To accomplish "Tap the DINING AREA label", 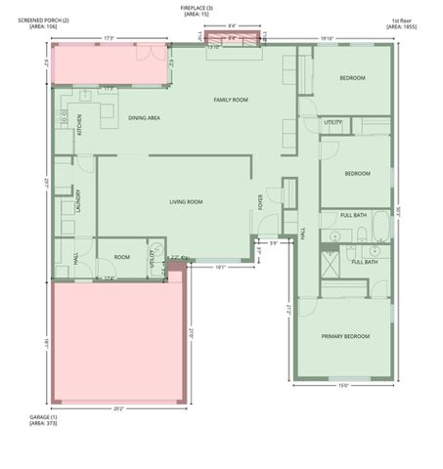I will (144, 118).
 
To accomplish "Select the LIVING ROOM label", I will (186, 202).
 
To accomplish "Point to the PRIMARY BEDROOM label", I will (346, 336).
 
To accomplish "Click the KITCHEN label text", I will (80, 127).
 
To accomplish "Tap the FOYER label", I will (261, 202).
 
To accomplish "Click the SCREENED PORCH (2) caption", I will (37, 22).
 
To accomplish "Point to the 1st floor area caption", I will (403, 22).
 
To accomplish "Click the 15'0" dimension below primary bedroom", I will (342, 385).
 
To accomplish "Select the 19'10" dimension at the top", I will (328, 39).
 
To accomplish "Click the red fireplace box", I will (232, 39).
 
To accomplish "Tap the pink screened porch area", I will (106, 64).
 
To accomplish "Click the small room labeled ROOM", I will (122, 257).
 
